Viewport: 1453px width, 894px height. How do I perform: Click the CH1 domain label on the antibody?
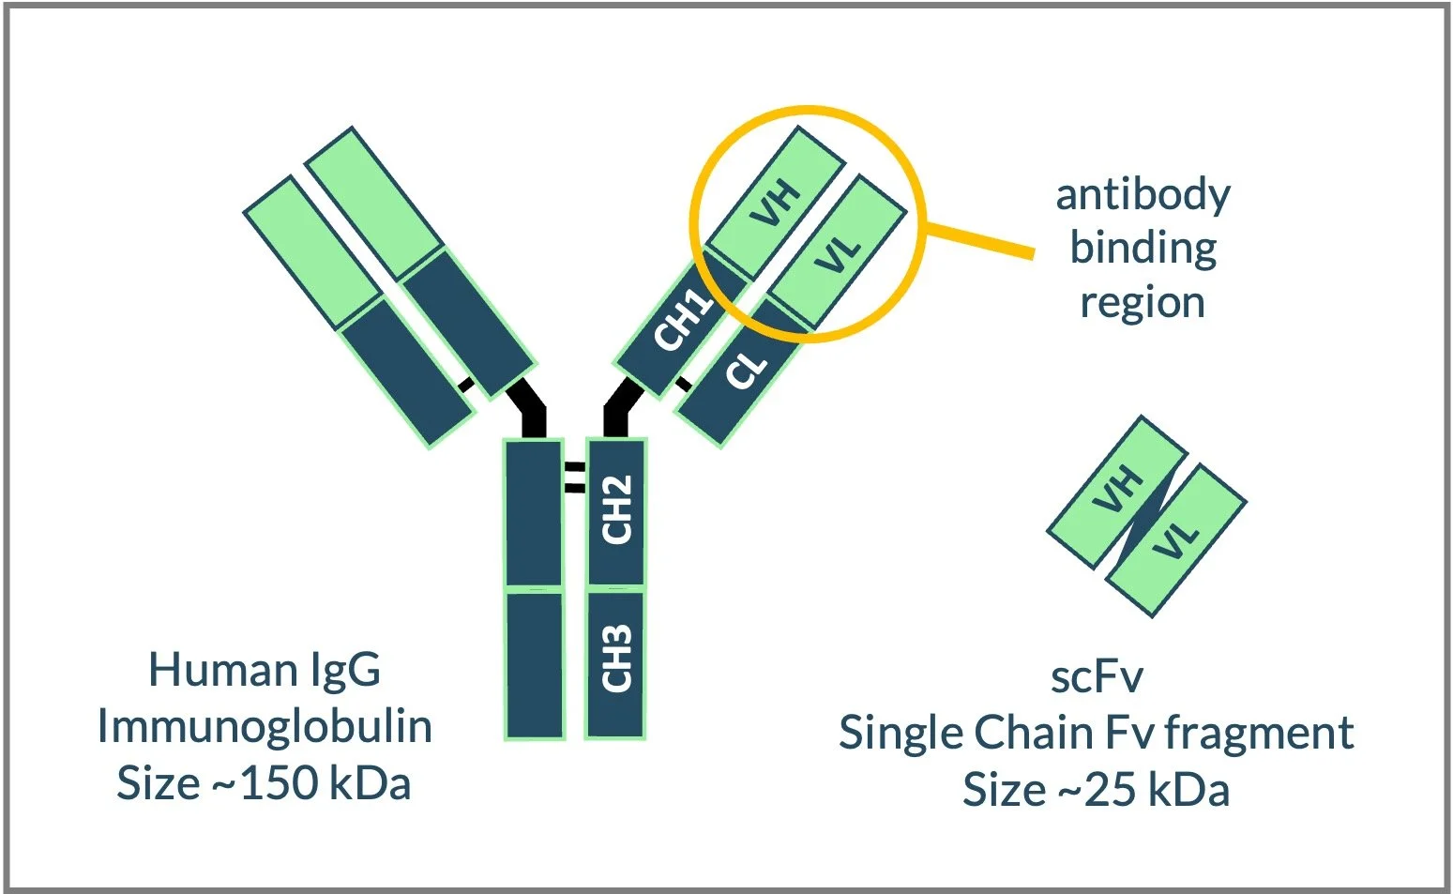(x=682, y=320)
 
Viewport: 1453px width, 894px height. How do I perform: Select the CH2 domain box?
(x=615, y=511)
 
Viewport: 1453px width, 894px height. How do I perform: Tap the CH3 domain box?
(x=615, y=661)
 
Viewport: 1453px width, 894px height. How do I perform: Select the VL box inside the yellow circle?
(x=838, y=252)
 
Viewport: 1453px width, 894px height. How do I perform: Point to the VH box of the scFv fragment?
(x=1117, y=491)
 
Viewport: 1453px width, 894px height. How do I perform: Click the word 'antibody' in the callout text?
(x=1143, y=195)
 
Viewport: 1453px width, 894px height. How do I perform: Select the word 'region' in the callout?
(x=1142, y=303)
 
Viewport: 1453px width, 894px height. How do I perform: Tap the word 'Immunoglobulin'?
(x=265, y=727)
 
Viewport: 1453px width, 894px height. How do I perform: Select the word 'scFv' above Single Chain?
(x=1097, y=676)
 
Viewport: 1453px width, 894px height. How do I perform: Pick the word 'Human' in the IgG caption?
(x=223, y=670)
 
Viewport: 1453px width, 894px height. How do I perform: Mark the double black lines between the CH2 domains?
(x=574, y=477)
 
